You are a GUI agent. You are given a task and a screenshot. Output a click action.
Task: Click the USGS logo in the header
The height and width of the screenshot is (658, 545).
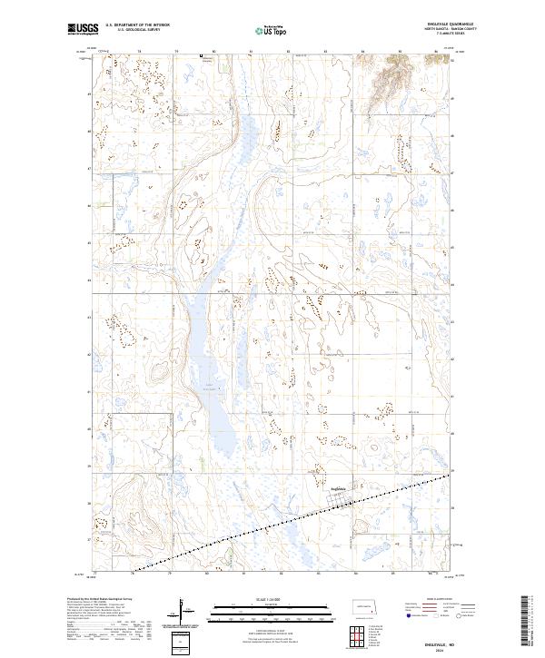(82, 30)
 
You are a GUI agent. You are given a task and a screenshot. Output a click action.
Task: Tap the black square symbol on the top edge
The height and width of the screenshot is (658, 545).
(201, 55)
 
